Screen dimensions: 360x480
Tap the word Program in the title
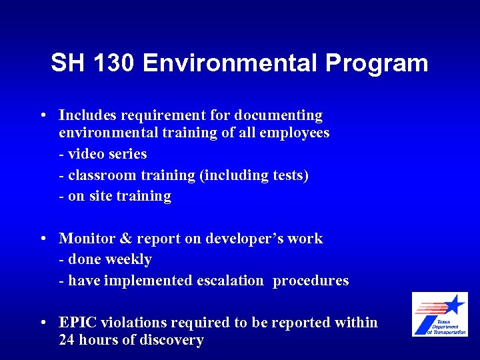coord(376,63)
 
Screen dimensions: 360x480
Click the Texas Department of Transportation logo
coord(439,314)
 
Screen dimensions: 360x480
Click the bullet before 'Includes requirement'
coord(42,116)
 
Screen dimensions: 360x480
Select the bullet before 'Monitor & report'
coord(42,239)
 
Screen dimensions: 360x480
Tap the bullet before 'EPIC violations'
coord(42,323)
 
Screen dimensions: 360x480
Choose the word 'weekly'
coord(129,259)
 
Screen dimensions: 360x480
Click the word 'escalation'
coord(230,281)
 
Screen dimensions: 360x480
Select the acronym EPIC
coord(77,323)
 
